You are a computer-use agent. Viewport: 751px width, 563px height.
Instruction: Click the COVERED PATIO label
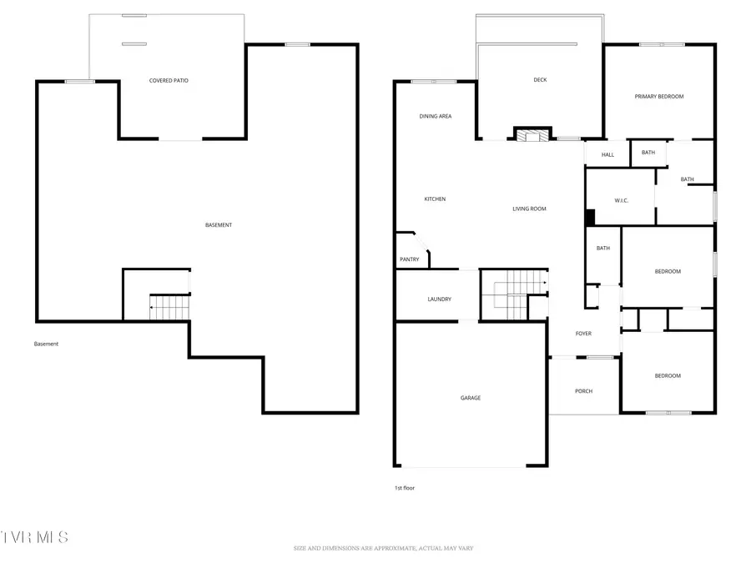169,81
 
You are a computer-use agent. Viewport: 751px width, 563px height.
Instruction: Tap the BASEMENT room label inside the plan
219,225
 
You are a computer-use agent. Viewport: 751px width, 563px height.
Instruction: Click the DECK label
540,80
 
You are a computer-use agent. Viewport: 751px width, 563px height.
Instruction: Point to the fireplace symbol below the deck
532,134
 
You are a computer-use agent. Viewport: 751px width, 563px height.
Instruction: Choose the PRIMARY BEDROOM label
658,97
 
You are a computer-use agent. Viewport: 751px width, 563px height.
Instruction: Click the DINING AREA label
435,117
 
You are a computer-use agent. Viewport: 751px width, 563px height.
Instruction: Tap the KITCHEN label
435,199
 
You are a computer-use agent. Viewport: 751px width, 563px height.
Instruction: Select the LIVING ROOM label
529,209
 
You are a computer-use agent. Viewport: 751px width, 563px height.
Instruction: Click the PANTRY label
409,259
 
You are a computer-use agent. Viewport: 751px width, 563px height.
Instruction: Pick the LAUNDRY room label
439,299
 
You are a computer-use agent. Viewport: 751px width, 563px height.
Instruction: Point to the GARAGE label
470,398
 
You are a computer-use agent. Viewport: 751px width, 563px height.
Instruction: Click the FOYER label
583,334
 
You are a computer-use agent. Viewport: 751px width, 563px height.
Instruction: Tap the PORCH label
583,391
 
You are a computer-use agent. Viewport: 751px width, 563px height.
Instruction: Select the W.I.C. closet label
620,200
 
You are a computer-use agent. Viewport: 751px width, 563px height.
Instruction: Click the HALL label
607,154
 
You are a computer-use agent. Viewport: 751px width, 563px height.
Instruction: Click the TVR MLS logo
35,536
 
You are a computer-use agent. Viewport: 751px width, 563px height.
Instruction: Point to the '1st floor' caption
404,488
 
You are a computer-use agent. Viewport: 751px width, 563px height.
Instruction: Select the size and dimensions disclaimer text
383,548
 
